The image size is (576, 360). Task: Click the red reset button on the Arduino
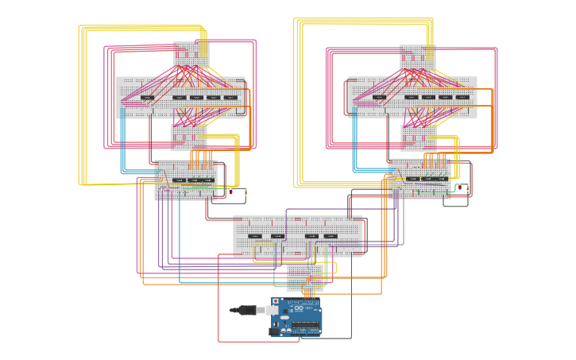click(x=276, y=302)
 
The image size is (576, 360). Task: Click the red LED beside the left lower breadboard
click(x=231, y=192)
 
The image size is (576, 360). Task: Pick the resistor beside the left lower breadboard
click(x=245, y=192)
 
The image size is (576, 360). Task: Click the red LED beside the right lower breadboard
click(x=457, y=188)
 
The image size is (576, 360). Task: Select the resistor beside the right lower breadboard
click(x=467, y=188)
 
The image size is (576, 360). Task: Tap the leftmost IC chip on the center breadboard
click(x=255, y=236)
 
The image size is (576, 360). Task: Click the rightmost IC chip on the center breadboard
click(x=330, y=236)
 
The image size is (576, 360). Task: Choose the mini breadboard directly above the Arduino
click(x=304, y=277)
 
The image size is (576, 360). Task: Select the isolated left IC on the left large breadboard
click(x=147, y=98)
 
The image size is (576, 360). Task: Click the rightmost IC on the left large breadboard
click(x=230, y=98)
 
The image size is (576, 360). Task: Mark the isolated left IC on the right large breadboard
click(x=379, y=98)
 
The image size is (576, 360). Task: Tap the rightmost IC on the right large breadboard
click(x=462, y=98)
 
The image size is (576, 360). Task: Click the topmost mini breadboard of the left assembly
click(x=191, y=55)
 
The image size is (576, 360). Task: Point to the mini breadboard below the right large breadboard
click(x=418, y=137)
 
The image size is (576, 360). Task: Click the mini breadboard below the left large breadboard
click(x=188, y=137)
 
